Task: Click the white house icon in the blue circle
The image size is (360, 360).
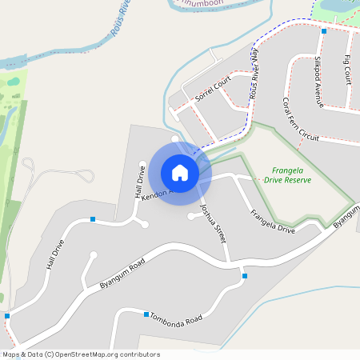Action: (x=180, y=173)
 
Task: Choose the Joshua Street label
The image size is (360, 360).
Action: (x=214, y=223)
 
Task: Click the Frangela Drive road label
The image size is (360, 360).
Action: (x=273, y=222)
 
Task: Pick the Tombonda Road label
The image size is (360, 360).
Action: (x=177, y=318)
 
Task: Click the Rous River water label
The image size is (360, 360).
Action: (x=119, y=32)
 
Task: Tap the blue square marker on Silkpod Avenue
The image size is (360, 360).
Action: (x=324, y=30)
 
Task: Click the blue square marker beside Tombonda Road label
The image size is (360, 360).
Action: (x=146, y=314)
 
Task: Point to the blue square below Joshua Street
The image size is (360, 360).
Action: (x=245, y=276)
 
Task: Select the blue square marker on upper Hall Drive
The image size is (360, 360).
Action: (x=93, y=219)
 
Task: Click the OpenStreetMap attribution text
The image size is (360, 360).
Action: (x=81, y=354)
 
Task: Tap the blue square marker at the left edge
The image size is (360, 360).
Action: (x=6, y=316)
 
